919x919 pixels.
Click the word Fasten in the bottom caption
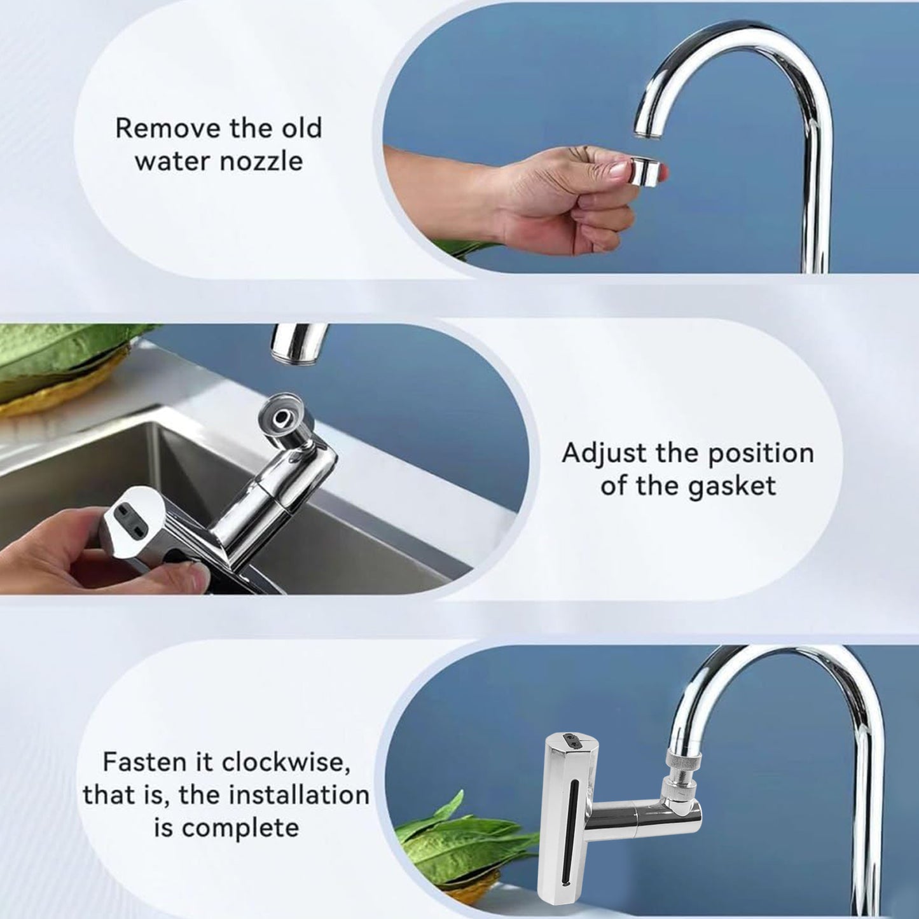click(x=142, y=761)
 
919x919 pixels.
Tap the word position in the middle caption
click(x=761, y=453)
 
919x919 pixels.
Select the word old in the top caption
click(x=302, y=128)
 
